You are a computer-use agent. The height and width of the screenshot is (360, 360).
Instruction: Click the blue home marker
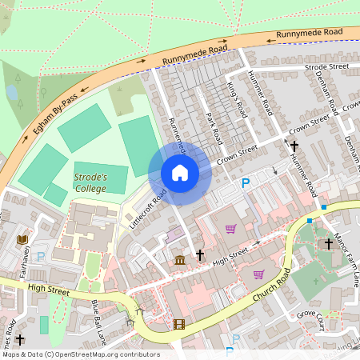tap(180, 173)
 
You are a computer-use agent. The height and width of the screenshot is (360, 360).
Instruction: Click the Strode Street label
tap(327, 66)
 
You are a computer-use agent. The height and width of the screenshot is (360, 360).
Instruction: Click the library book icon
tap(22, 239)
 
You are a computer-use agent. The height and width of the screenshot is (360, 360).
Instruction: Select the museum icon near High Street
tap(179, 258)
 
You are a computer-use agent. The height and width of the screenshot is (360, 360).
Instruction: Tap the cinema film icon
tap(178, 325)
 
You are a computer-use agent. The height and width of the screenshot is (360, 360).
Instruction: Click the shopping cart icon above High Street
tap(231, 229)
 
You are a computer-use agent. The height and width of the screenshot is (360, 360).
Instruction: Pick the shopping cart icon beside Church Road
tap(258, 274)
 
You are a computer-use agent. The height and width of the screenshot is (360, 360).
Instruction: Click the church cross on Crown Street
tap(294, 146)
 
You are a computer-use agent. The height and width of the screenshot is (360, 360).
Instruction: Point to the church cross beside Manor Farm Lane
tap(327, 243)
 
